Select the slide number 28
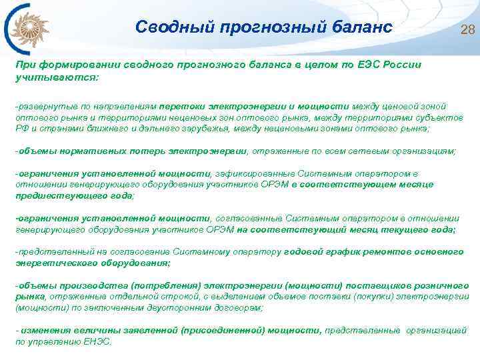(467, 29)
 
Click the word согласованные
(248, 218)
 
